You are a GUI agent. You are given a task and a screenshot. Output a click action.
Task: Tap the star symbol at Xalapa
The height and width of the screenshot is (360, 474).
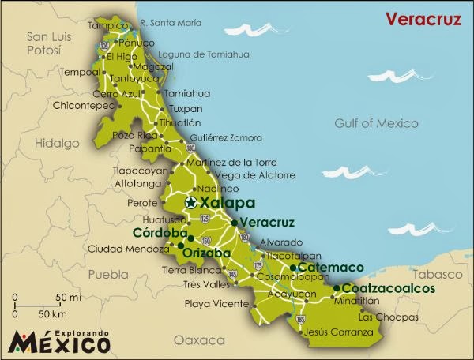[x=190, y=203]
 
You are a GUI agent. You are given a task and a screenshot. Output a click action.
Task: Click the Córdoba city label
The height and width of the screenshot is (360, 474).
[x=159, y=234]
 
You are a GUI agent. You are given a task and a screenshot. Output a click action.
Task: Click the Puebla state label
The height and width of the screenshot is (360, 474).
[x=107, y=275]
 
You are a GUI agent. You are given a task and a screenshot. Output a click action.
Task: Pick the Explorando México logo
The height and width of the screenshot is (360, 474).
[x=60, y=336]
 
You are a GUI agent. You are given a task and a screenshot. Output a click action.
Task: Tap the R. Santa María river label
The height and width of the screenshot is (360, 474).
[x=171, y=22]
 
